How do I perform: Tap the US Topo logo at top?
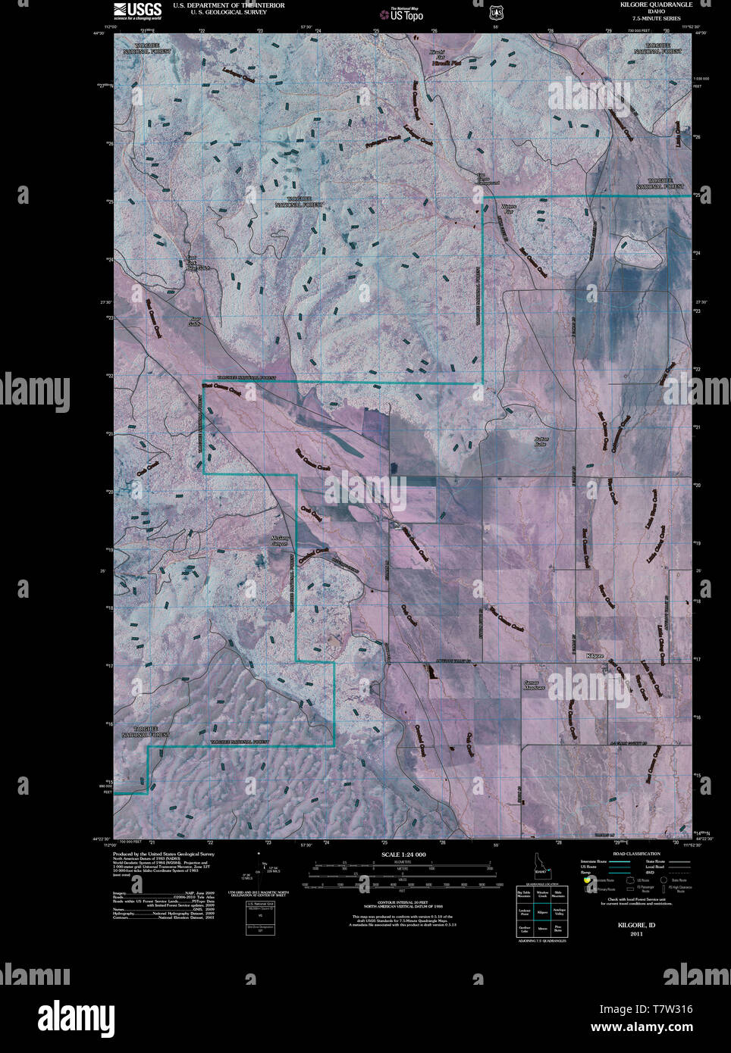tap(402, 13)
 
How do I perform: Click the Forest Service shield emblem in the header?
tap(497, 12)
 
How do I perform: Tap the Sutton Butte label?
tap(541, 440)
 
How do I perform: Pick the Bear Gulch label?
tap(195, 321)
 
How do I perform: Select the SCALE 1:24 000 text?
tap(398, 855)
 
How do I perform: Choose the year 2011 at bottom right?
tap(636, 933)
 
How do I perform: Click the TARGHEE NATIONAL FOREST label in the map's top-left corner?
tap(146, 49)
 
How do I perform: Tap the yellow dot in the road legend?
tap(587, 880)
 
